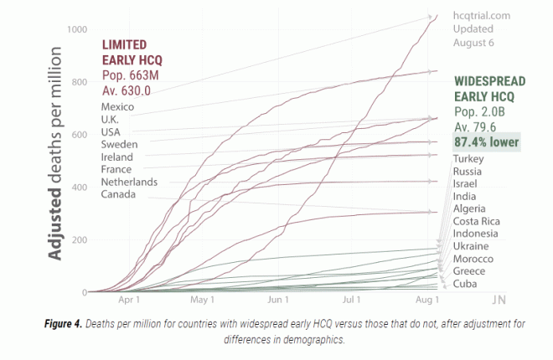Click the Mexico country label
pyautogui.click(x=116, y=106)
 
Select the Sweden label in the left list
pyautogui.click(x=118, y=144)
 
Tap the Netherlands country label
pyautogui.click(x=129, y=182)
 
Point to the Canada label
pyautogui.click(x=119, y=194)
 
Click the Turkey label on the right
pyautogui.click(x=468, y=158)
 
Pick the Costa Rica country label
pyautogui.click(x=477, y=220)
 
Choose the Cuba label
pyautogui.click(x=465, y=284)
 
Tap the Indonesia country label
pyautogui.click(x=476, y=233)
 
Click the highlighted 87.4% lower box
pyautogui.click(x=486, y=141)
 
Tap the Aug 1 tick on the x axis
pyautogui.click(x=427, y=300)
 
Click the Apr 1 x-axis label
pyautogui.click(x=129, y=300)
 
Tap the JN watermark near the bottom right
pyautogui.click(x=499, y=299)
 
